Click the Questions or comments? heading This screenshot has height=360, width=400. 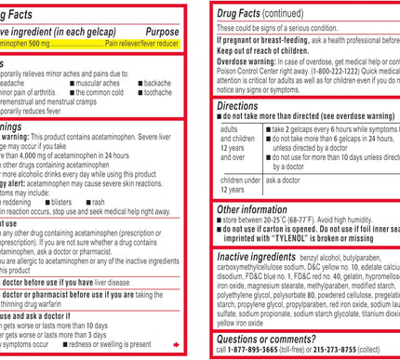click(271, 340)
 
